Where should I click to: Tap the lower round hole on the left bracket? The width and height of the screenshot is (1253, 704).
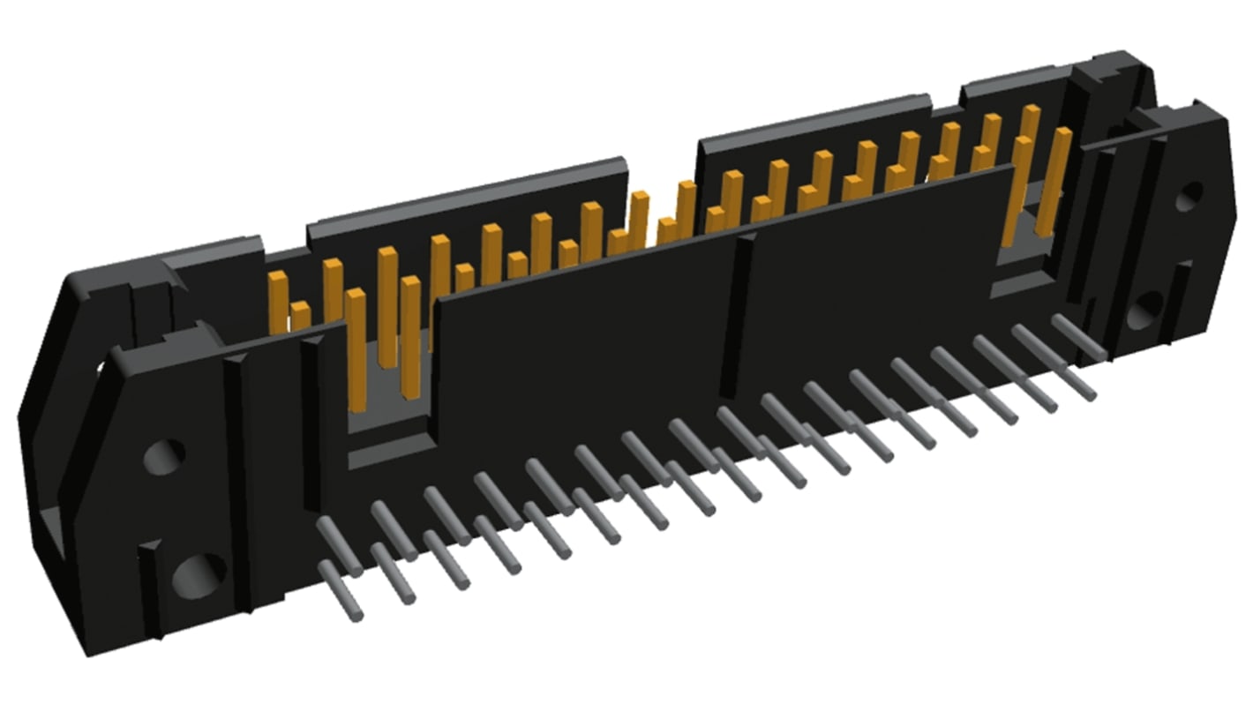tap(199, 576)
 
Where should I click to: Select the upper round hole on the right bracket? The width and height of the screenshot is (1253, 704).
tap(1189, 196)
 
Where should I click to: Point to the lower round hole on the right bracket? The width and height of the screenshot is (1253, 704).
tap(1145, 311)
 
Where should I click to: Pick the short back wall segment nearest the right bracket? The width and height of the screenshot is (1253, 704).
tap(1015, 88)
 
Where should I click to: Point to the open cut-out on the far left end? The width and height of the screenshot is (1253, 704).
tap(53, 529)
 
